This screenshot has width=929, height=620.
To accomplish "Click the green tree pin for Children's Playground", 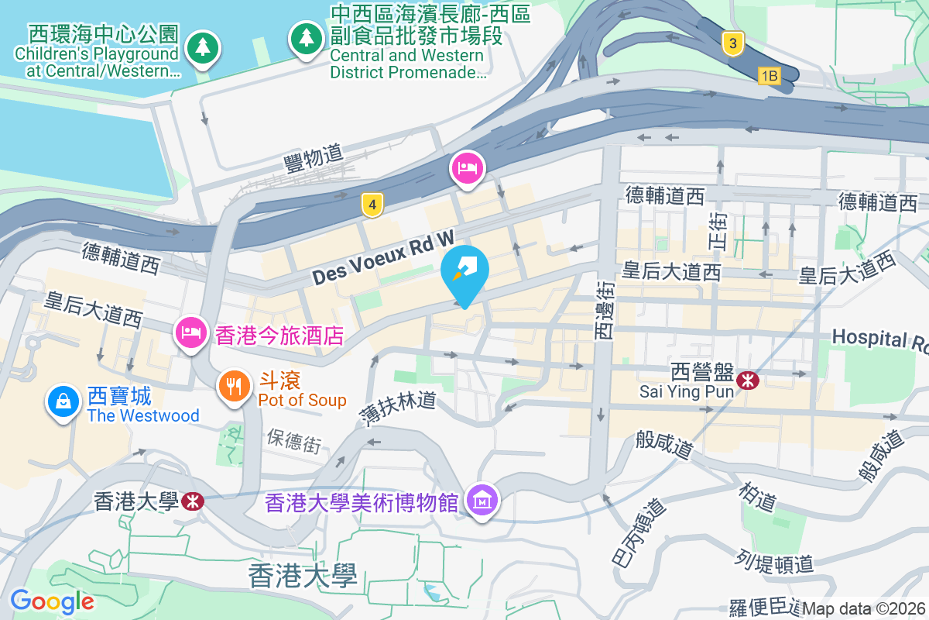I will coord(203,47).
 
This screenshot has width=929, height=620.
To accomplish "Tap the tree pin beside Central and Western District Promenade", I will coord(307,37).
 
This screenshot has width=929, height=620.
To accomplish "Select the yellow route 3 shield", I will coord(733,43).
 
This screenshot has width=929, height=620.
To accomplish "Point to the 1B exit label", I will coord(768,76).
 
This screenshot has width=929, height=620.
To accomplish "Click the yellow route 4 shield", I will coord(373,205).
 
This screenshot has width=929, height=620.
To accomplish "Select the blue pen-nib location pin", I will coord(464,271).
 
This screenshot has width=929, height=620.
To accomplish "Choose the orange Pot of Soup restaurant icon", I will coord(234,385).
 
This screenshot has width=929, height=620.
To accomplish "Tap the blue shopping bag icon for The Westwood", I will coord(62,401).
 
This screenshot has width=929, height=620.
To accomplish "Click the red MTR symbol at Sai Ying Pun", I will coord(747,380).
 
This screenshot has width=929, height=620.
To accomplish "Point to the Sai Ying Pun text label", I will coord(676,391).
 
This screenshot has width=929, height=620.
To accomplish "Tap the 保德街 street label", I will coord(293,442).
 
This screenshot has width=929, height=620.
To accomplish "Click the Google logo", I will coord(52,601).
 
